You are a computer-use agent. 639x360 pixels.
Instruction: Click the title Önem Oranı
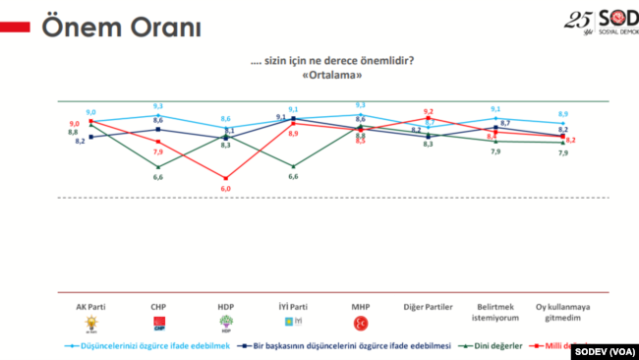[109, 27]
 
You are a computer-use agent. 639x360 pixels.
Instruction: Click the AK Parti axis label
[91, 306]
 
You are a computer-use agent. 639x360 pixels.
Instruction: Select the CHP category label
[158, 306]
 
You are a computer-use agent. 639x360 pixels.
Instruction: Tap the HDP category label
[225, 306]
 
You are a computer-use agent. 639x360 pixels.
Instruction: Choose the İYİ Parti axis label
[293, 306]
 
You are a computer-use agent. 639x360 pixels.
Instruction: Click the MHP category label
[360, 306]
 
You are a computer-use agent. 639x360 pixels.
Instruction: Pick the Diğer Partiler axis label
[428, 306]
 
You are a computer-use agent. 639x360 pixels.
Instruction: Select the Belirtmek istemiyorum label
[494, 311]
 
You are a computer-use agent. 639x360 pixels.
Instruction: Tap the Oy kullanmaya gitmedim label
[562, 311]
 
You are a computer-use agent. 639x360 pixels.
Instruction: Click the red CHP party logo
[158, 323]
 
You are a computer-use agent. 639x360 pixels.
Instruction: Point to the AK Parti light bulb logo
[91, 324]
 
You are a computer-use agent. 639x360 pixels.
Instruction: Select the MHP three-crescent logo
[360, 323]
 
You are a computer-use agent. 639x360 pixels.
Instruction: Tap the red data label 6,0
[225, 189]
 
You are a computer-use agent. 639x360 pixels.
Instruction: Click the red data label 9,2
[429, 111]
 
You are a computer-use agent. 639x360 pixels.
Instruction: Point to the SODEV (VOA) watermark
[603, 349]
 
